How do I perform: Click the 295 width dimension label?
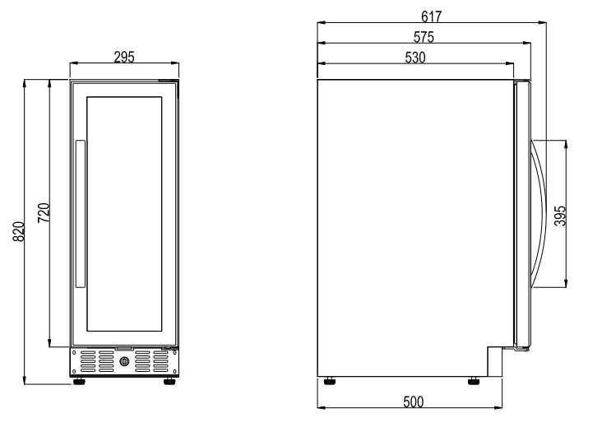point(124,58)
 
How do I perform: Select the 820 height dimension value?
point(19,231)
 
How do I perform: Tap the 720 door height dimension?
point(44,212)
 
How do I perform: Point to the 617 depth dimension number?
point(432,16)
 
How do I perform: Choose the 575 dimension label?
point(424,37)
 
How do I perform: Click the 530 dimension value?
point(415,58)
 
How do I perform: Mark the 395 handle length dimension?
point(561,216)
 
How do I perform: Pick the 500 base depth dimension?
point(414,402)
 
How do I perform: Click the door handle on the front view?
point(81,214)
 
